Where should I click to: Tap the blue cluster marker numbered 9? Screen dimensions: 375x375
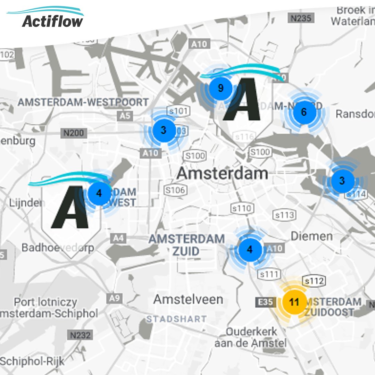pyautogui.click(x=220, y=88)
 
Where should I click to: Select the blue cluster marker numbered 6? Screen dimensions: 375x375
pyautogui.click(x=304, y=112)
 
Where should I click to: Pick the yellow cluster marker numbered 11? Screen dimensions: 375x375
pyautogui.click(x=294, y=302)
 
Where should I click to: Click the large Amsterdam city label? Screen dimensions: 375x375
pyautogui.click(x=222, y=173)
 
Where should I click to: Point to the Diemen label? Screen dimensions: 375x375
pyautogui.click(x=311, y=236)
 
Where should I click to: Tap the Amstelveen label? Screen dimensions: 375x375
pyautogui.click(x=188, y=299)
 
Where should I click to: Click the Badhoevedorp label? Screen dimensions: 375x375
pyautogui.click(x=58, y=247)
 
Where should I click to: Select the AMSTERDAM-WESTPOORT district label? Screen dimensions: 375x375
pyautogui.click(x=83, y=102)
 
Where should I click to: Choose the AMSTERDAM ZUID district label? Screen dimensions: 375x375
pyautogui.click(x=186, y=245)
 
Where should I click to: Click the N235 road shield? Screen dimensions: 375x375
pyautogui.click(x=301, y=18)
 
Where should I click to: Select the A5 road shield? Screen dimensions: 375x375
pyautogui.click(x=125, y=116)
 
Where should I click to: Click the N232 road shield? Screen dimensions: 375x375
pyautogui.click(x=80, y=335)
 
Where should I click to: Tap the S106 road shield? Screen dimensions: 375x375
pyautogui.click(x=175, y=190)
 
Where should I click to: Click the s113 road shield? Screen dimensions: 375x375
pyautogui.click(x=285, y=215)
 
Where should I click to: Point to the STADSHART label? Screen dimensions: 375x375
pyautogui.click(x=176, y=319)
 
